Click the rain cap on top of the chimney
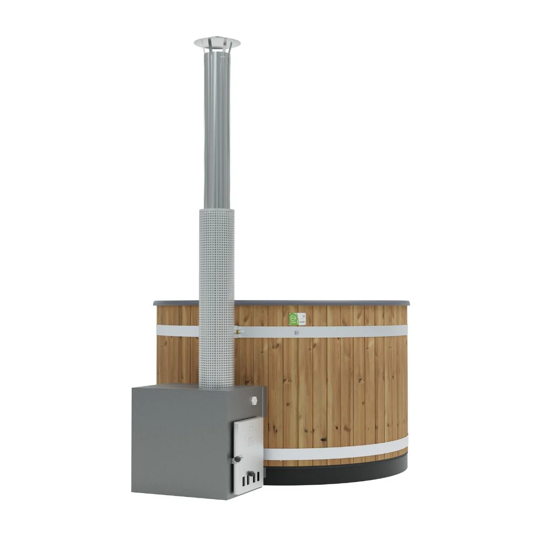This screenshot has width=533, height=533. pyautogui.click(x=217, y=42)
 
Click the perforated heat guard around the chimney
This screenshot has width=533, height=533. pyautogui.click(x=217, y=291)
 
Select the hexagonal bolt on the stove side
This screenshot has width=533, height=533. pyautogui.click(x=254, y=399)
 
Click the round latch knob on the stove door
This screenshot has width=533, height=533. pyautogui.click(x=238, y=458)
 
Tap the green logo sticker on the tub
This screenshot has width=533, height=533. pyautogui.click(x=294, y=319)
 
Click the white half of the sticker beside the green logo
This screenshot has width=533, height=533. pyautogui.click(x=303, y=319)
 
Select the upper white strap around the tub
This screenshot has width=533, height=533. pyautogui.click(x=345, y=332)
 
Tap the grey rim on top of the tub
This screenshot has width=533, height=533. pyautogui.click(x=321, y=302)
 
